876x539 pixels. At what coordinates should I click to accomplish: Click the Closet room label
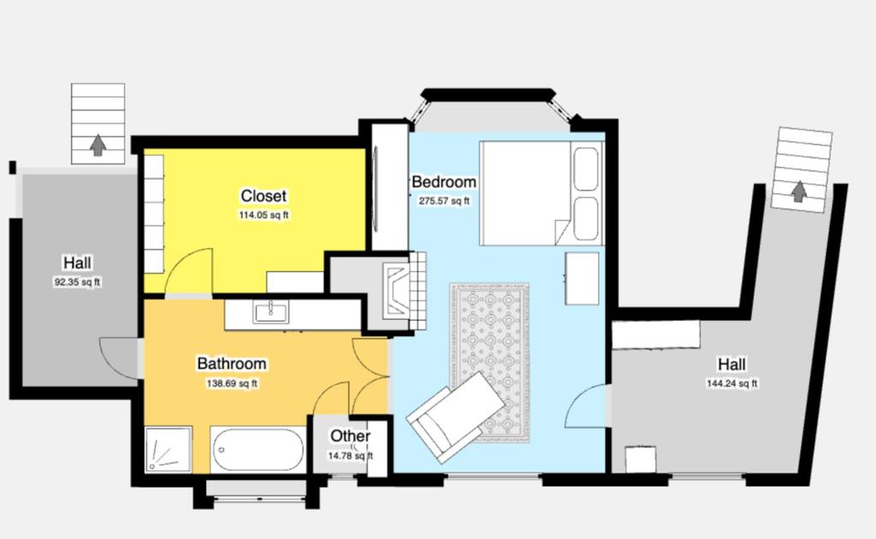pos(263,196)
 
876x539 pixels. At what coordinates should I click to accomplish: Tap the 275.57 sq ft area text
pos(444,201)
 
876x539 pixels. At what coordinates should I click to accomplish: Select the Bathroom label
pos(232,364)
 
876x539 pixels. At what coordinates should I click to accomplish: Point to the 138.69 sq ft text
pos(232,384)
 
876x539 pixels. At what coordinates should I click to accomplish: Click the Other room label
pos(350,435)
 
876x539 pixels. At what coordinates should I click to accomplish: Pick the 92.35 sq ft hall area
pos(77,282)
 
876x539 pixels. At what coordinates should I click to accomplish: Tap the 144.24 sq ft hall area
pos(732,384)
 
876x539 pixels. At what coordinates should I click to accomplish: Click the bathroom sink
pos(271,312)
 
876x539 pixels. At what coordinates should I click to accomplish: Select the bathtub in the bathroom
pos(257,450)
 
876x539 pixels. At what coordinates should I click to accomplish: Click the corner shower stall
pos(169,450)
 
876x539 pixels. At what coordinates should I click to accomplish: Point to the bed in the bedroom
pos(542,193)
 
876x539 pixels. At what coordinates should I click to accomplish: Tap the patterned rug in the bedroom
pos(490,363)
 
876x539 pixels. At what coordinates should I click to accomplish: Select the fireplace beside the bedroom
pos(405,290)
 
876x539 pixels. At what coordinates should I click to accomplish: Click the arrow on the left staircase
pos(98,145)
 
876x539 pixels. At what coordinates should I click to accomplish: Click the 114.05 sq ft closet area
pos(263,215)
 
